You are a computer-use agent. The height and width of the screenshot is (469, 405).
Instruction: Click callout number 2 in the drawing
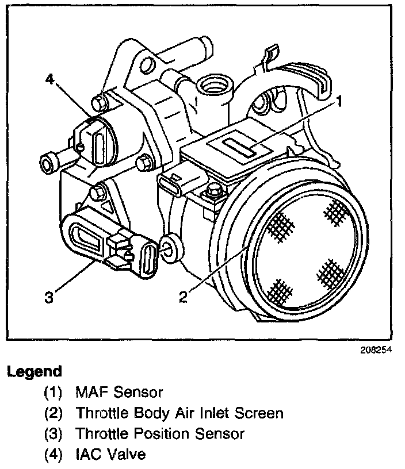(x=183, y=297)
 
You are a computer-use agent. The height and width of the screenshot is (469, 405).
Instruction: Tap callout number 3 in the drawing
(x=49, y=297)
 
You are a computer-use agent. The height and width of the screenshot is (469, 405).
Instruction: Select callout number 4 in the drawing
(x=52, y=79)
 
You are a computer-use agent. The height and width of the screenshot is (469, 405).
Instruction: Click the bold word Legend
(x=35, y=371)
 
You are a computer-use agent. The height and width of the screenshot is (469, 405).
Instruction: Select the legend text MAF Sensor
(x=119, y=393)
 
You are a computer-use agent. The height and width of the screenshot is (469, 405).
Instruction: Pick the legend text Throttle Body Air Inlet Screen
(x=179, y=413)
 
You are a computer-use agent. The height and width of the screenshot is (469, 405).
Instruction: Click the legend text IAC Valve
(x=110, y=455)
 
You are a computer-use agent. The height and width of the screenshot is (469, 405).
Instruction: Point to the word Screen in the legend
(x=263, y=413)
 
